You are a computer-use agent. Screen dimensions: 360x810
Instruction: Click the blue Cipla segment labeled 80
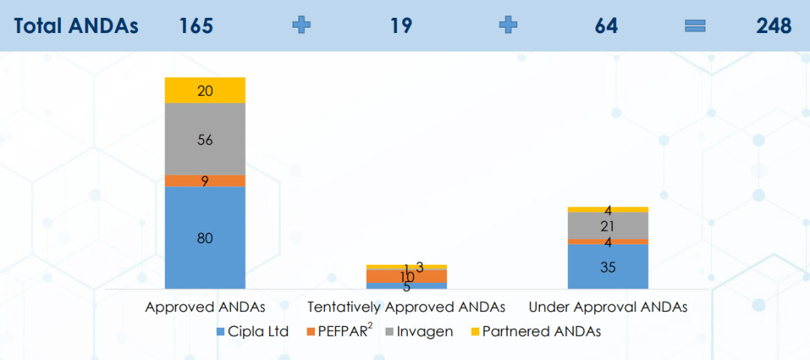[x=205, y=237]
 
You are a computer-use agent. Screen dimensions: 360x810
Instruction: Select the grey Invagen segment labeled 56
[x=205, y=139]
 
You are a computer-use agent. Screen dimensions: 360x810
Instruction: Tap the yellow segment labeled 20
[x=205, y=90]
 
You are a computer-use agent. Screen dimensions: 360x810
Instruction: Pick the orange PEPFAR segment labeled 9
[x=205, y=181]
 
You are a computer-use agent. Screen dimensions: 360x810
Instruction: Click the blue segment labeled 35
[x=607, y=266]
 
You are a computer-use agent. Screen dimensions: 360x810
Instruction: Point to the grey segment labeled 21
[x=607, y=226]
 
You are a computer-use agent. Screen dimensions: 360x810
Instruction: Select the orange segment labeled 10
[x=406, y=276]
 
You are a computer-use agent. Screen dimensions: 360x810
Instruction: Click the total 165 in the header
[x=196, y=25]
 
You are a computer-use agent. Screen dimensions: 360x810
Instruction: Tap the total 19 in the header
[x=400, y=25]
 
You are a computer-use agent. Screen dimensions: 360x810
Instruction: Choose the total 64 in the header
[x=606, y=25]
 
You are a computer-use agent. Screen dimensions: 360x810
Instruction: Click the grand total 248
[x=774, y=25]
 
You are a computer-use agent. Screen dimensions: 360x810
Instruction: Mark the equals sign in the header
[x=695, y=25]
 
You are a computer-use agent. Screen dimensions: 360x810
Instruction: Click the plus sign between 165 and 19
[x=301, y=25]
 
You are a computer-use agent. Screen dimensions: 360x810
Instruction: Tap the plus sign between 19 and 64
[x=508, y=25]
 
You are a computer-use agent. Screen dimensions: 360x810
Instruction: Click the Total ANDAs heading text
[x=76, y=25]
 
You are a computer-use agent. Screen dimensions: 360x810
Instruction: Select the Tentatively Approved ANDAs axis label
[x=406, y=307]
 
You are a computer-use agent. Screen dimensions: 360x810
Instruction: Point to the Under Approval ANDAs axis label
[x=608, y=307]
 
